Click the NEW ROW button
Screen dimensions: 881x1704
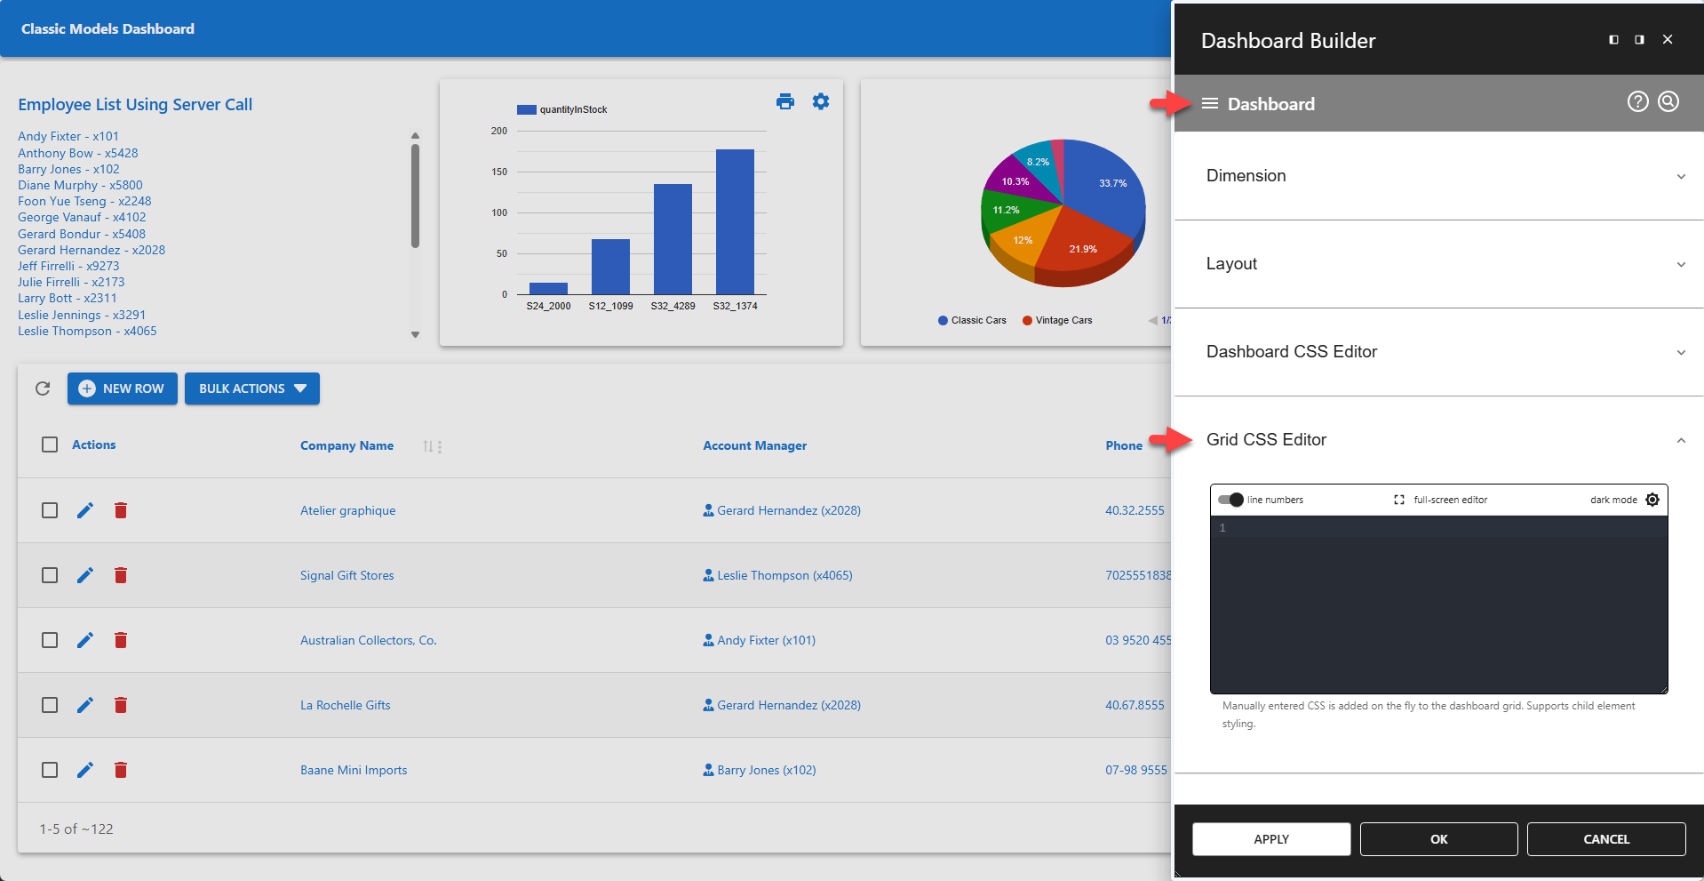(x=123, y=388)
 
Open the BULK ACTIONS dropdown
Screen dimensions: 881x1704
(x=252, y=388)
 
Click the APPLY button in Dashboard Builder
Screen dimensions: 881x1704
(x=1270, y=839)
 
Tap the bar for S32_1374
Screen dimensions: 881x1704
(x=735, y=222)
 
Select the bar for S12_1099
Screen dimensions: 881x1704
(x=610, y=267)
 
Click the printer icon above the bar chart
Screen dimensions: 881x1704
(x=785, y=101)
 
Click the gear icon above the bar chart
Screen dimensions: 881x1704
(x=821, y=101)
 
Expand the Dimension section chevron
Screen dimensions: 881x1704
(x=1681, y=176)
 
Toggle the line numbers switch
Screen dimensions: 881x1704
(x=1230, y=500)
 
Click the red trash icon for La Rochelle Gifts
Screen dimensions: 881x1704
(x=121, y=705)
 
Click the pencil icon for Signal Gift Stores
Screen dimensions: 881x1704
(x=85, y=575)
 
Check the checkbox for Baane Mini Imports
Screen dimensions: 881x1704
(x=50, y=770)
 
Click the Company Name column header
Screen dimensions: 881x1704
(x=346, y=445)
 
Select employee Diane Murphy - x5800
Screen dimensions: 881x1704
(x=80, y=185)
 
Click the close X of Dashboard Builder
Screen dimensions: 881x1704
(x=1668, y=39)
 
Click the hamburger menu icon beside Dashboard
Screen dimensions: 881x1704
(x=1209, y=104)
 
